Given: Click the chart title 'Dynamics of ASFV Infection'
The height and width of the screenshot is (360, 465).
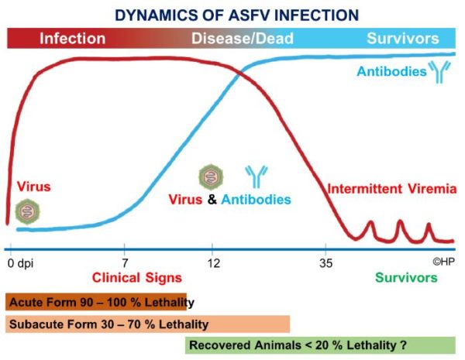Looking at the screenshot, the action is (x=236, y=15).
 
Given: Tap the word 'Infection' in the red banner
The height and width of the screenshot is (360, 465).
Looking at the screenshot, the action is (x=73, y=39).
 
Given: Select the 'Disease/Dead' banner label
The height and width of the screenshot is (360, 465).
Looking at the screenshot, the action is (x=243, y=39).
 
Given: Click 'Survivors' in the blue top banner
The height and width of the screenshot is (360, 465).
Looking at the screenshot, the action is (x=403, y=38).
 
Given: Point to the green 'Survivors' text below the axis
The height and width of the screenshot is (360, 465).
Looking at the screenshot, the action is (x=406, y=278).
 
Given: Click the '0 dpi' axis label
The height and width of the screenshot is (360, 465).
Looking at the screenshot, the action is (x=20, y=263).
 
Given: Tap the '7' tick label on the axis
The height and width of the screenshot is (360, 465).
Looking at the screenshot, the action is (x=125, y=262).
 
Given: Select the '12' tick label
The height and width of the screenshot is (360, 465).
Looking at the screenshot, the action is (x=214, y=262).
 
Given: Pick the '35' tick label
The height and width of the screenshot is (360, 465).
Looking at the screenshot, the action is (x=326, y=262).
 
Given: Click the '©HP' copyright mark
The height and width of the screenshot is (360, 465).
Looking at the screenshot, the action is (x=443, y=262).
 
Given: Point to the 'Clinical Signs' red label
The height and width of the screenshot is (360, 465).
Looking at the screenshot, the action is (x=137, y=278).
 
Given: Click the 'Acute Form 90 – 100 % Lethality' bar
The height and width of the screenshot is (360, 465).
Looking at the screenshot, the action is (x=96, y=302).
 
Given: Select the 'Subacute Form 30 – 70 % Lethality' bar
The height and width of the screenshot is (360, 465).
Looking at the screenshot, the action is (x=147, y=324).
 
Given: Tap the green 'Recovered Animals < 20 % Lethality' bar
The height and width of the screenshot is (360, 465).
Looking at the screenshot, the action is (x=320, y=345).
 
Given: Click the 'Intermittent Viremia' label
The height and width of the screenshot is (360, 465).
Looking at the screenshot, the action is (x=391, y=189).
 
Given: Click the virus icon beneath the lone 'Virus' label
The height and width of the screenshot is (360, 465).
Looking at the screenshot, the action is (x=28, y=211).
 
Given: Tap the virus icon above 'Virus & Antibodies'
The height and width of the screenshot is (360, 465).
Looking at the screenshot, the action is (x=211, y=177).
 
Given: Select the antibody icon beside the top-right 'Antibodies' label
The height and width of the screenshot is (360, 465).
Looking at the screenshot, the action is (x=439, y=72).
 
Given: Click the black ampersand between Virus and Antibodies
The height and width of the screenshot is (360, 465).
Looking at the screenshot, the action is (x=212, y=200).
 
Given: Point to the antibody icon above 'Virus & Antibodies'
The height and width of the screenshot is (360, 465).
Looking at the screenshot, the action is (x=257, y=177).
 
